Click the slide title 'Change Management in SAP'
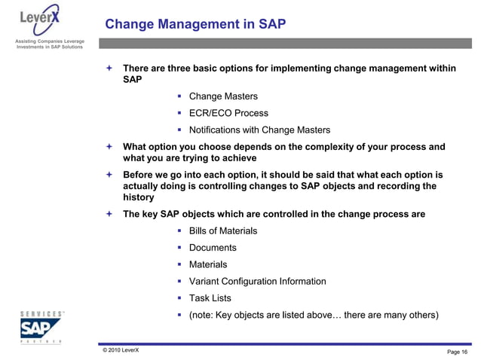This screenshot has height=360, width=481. coord(195,24)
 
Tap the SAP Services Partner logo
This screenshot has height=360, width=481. coord(41,326)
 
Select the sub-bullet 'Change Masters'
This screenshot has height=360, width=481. coord(222,96)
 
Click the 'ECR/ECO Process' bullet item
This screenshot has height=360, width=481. coord(228,113)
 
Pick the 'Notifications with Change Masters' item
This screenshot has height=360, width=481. coord(259,130)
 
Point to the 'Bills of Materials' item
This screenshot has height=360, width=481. coord(222,230)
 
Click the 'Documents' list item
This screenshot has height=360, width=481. coord(212,247)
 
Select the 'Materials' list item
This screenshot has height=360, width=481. coord(207,264)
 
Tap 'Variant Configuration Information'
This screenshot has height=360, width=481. coord(257,281)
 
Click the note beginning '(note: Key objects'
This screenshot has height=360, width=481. coord(313,314)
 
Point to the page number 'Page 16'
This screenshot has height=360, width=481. coord(457,352)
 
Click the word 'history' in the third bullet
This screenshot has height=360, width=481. coord(139,197)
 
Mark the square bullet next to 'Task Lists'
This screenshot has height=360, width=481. coord(180,297)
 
